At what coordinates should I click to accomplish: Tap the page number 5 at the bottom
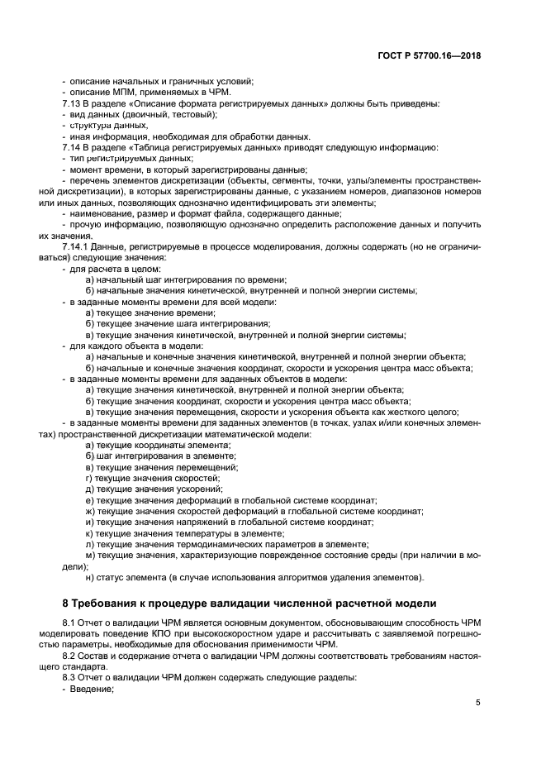pyautogui.click(x=478, y=703)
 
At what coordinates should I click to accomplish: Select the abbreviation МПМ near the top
pyautogui.click(x=121, y=92)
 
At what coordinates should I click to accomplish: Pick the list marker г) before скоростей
pyautogui.click(x=89, y=478)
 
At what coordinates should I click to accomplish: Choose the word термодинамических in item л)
pyautogui.click(x=215, y=544)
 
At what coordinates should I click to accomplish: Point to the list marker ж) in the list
pyautogui.click(x=90, y=511)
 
